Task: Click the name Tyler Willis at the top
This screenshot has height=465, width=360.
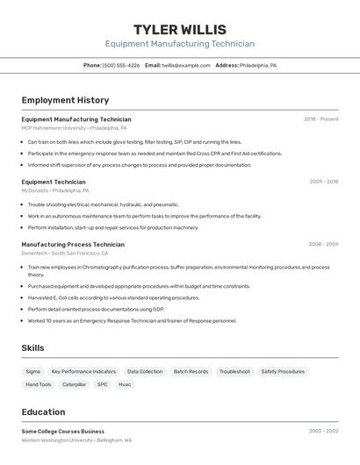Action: click(x=180, y=30)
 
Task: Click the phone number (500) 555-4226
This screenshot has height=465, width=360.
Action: click(x=121, y=65)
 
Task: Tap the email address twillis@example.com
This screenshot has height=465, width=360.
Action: click(x=186, y=65)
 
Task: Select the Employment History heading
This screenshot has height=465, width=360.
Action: click(x=65, y=100)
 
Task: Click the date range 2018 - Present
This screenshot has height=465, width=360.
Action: click(x=320, y=119)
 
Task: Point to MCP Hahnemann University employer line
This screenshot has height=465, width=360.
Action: click(x=74, y=128)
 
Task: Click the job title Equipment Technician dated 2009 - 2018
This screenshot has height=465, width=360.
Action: click(x=54, y=182)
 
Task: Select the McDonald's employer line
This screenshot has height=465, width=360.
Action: click(x=55, y=190)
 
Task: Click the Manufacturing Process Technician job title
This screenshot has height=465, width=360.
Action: click(x=73, y=244)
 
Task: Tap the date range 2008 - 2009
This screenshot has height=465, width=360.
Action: click(x=323, y=244)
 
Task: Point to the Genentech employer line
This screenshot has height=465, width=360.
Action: click(x=65, y=253)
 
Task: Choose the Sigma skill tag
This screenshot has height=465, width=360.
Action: click(x=33, y=371)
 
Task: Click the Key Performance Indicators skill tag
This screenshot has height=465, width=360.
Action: click(x=83, y=371)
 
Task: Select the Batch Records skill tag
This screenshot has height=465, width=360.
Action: click(x=191, y=371)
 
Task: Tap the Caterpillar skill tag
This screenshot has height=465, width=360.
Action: click(x=75, y=384)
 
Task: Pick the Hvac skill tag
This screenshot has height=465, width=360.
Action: click(x=125, y=384)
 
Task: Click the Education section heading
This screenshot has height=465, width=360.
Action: click(x=43, y=411)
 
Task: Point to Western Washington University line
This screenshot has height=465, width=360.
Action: click(x=76, y=440)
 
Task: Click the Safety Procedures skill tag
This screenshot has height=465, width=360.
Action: click(x=283, y=371)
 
